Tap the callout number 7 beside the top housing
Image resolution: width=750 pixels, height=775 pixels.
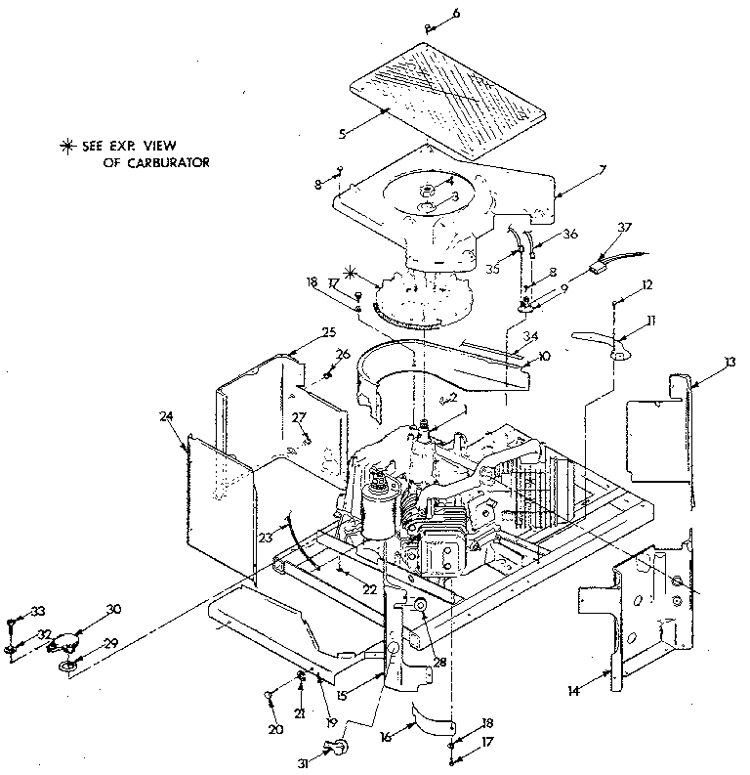(x=603, y=170)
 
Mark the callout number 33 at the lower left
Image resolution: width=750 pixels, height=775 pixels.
(x=38, y=611)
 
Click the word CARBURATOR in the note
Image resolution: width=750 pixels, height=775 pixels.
(x=156, y=163)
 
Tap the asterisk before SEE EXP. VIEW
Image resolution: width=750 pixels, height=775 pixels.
(x=67, y=147)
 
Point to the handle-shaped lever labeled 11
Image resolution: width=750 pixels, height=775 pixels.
(x=603, y=343)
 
